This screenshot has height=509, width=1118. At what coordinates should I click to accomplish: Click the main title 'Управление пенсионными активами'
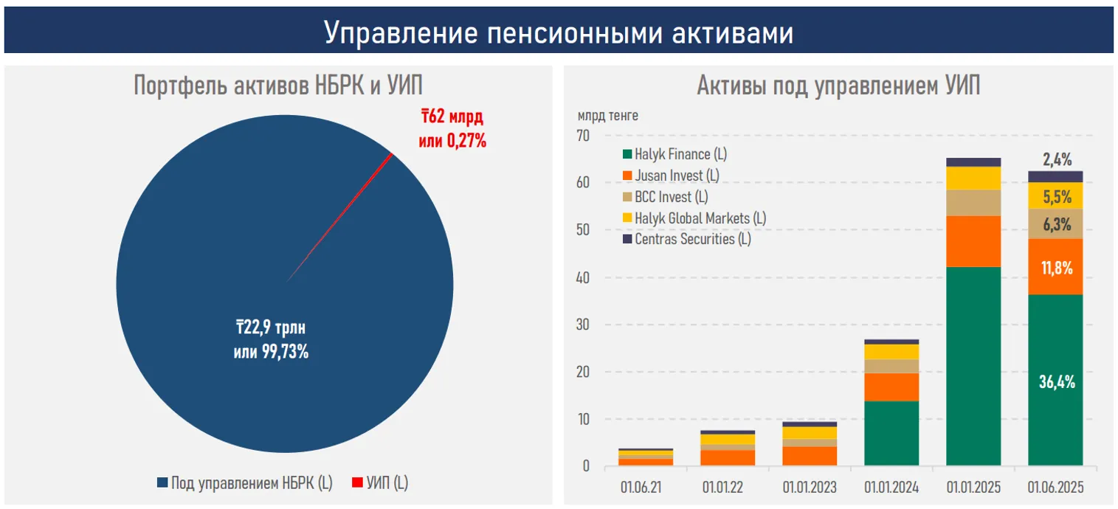(559, 33)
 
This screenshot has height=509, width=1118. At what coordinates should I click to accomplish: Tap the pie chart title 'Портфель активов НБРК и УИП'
(278, 86)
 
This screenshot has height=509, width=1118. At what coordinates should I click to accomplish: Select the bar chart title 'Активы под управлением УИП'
(838, 86)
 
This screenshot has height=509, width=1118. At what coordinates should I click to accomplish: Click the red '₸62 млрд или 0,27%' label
(452, 128)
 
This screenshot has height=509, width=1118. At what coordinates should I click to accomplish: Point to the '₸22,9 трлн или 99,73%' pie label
(271, 340)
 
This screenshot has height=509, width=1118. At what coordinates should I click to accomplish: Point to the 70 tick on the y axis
(583, 136)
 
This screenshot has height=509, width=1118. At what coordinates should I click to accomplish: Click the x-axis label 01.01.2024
(892, 487)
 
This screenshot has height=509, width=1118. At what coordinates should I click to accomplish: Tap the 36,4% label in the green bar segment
(1056, 382)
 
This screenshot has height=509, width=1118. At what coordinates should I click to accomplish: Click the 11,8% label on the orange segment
(1056, 268)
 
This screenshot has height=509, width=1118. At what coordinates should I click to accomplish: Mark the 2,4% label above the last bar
(1057, 159)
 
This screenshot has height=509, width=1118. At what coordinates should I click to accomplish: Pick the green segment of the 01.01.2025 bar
(974, 365)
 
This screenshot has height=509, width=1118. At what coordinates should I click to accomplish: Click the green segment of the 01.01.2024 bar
(892, 433)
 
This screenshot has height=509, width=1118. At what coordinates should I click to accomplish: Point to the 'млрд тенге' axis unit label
(608, 116)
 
